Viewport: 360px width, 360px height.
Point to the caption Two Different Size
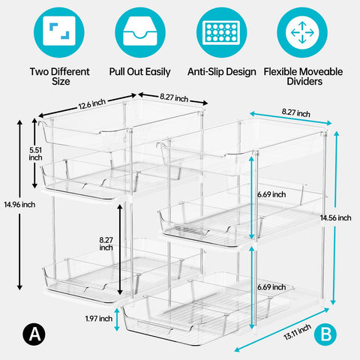click(59, 76)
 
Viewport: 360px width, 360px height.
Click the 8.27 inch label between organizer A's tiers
click(106, 242)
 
